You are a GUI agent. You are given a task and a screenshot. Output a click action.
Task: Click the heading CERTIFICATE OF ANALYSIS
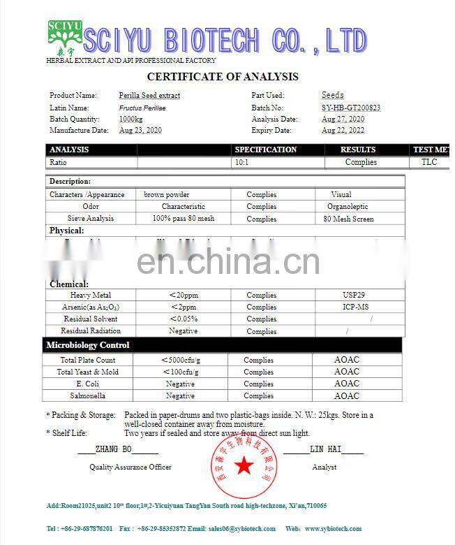click(x=223, y=77)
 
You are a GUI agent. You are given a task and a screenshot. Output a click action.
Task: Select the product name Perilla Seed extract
click(x=149, y=95)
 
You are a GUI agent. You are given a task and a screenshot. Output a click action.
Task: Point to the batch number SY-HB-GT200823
click(x=350, y=108)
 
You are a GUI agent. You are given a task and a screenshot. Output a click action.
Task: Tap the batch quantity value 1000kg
click(x=130, y=119)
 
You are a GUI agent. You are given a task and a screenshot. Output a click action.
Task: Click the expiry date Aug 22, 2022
click(x=343, y=130)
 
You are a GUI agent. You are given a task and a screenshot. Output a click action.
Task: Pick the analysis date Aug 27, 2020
click(x=343, y=119)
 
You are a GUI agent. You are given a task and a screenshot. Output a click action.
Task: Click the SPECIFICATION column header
click(x=266, y=150)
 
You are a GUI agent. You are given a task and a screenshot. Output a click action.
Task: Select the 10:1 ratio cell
click(x=241, y=162)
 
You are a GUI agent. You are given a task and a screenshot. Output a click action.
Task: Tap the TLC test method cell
click(x=428, y=162)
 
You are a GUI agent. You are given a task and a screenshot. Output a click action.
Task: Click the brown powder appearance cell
click(x=167, y=195)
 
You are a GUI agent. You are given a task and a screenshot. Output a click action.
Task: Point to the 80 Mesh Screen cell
click(x=348, y=219)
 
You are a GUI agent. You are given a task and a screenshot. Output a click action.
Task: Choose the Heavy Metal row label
click(x=91, y=296)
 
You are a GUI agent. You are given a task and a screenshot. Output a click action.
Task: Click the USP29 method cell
click(x=345, y=295)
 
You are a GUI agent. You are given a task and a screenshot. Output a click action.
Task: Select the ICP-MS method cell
click(x=346, y=307)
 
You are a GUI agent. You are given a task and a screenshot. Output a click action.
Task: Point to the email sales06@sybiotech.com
click(x=237, y=529)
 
